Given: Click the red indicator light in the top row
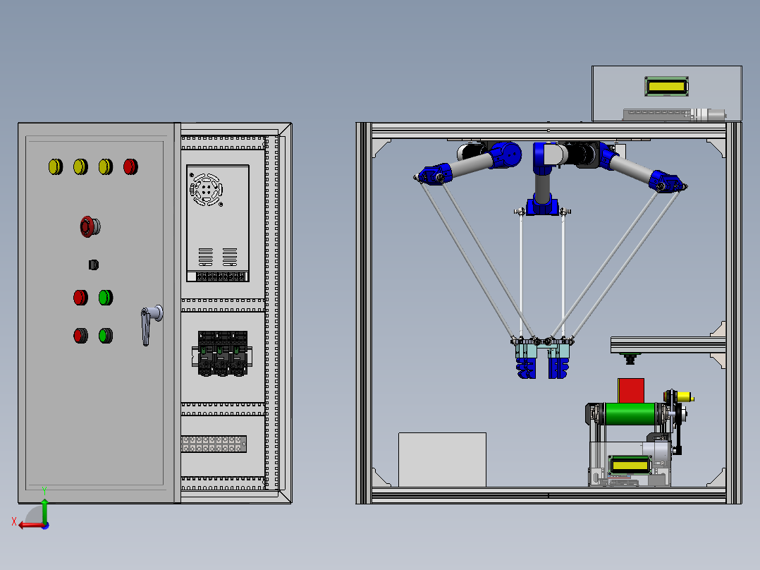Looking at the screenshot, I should tap(130, 166).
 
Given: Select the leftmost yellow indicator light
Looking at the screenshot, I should tap(55, 166).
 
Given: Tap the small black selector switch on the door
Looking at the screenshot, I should tap(93, 265).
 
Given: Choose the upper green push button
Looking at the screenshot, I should tap(106, 297).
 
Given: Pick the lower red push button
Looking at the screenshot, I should tap(81, 335).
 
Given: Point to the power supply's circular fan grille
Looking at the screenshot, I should tap(206, 189).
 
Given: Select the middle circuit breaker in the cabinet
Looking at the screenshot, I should tap(221, 353).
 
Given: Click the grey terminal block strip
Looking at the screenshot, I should tap(214, 444).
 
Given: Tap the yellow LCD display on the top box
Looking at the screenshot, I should tap(667, 87).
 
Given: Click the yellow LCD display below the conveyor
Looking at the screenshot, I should tap(630, 466).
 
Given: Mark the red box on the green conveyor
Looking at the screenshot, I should tap(631, 390).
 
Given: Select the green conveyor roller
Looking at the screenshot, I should tap(630, 413).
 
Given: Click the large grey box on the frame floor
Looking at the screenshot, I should tap(442, 459).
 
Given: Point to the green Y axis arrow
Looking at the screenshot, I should tap(44, 507).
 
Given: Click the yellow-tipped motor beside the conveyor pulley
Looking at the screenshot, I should tap(683, 398).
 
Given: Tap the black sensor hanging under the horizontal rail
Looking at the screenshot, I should tap(630, 358).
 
